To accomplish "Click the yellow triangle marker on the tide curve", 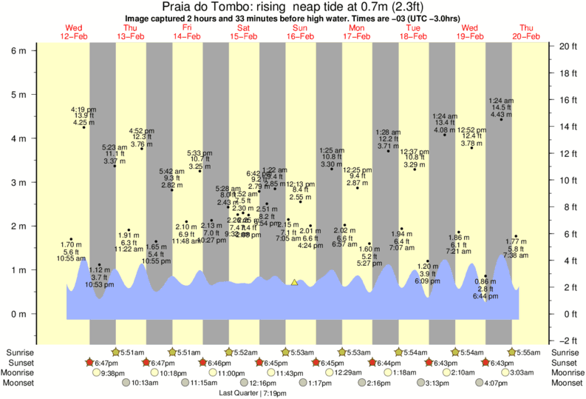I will pyautogui.click(x=295, y=282).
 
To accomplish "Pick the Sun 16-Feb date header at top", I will pyautogui.click(x=301, y=32).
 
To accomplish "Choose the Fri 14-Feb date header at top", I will pyautogui.click(x=187, y=32).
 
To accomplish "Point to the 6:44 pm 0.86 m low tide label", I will pyautogui.click(x=485, y=289).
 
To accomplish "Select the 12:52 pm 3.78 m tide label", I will pyautogui.click(x=471, y=137).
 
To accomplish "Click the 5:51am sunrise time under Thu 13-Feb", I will pyautogui.click(x=132, y=352).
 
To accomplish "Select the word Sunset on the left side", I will pyautogui.click(x=19, y=363).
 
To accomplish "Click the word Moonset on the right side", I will pyautogui.click(x=566, y=383).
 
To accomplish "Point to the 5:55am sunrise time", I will pyautogui.click(x=530, y=352).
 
